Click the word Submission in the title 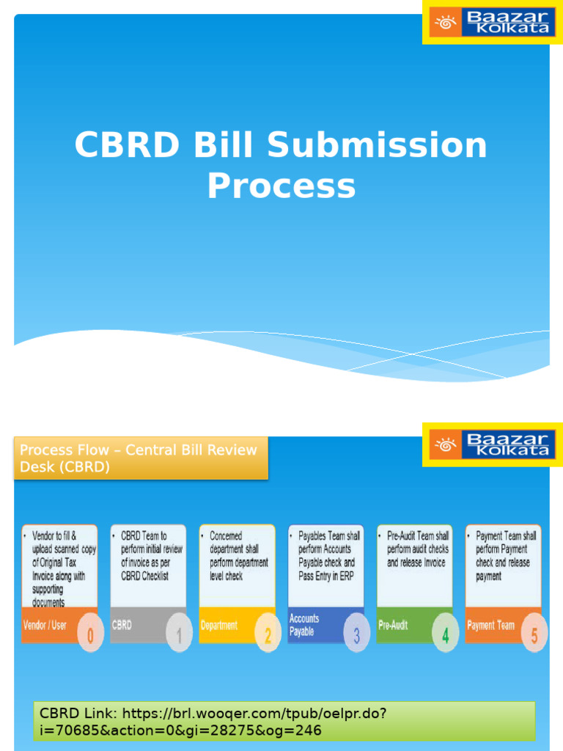tap(377, 145)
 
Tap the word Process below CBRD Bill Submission tap(281, 186)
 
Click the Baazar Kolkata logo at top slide tap(492, 22)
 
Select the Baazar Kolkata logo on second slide tap(492, 444)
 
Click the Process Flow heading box tap(141, 458)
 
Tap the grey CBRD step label tap(122, 626)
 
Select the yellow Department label tap(219, 626)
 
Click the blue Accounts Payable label tap(304, 625)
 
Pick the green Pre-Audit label tap(394, 626)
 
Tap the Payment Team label tap(491, 626)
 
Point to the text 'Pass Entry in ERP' tap(325, 576)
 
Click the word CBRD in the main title tap(127, 145)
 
